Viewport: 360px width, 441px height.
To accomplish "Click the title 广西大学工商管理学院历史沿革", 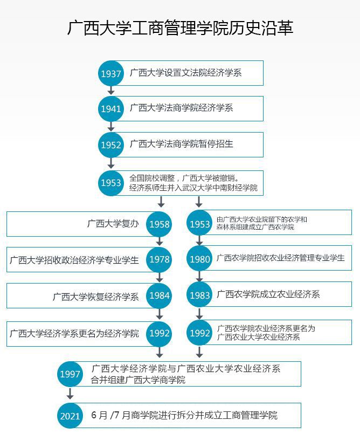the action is coord(181,28).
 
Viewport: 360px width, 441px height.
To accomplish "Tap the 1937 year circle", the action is coord(111,73).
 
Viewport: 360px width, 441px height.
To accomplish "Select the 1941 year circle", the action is coord(111,108).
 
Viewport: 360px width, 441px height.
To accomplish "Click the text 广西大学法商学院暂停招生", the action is coord(182,144).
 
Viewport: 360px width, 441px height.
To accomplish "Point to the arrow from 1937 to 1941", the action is coord(111,90).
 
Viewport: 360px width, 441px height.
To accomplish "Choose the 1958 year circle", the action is coord(159,224).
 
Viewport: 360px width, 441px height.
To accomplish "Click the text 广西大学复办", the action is coord(113,224).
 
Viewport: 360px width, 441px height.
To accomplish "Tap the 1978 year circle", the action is coord(159,259).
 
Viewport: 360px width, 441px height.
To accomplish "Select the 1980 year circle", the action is coord(199,259).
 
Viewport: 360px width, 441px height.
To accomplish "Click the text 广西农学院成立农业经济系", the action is coord(268,294).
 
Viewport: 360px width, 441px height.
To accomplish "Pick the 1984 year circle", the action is coord(159,295).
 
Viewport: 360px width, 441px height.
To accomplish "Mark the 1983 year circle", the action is coord(199,295).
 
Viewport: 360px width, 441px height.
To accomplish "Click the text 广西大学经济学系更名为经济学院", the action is coord(74,334).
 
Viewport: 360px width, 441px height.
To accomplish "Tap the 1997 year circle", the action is coord(70,374).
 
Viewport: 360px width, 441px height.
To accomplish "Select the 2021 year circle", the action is coord(70,416).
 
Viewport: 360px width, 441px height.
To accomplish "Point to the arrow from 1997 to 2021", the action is coord(70,393).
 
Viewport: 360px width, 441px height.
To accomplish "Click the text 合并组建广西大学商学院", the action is coord(138,380).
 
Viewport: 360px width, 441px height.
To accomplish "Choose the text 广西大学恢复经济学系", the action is coord(95,297).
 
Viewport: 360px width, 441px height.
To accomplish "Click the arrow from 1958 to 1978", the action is coord(160,242).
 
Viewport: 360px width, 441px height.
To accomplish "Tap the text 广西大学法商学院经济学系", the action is coord(182,108).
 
